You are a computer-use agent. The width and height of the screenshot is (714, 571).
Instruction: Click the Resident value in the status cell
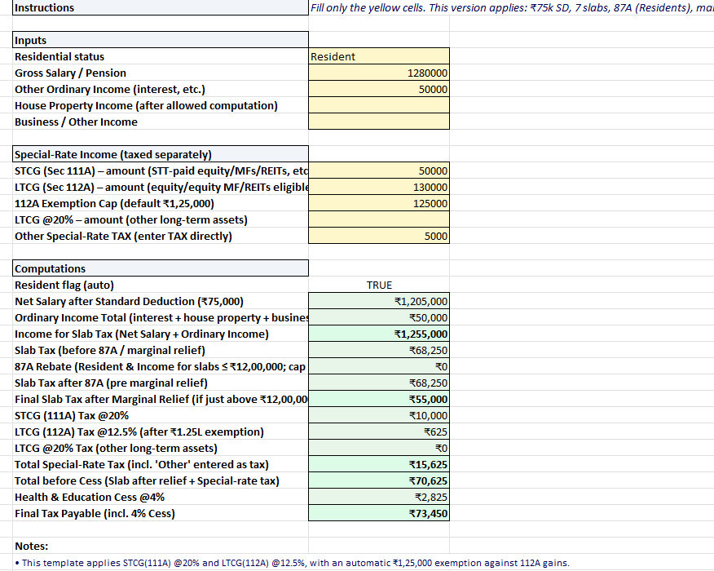(333, 57)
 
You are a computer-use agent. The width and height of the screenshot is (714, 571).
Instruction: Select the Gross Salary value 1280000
(427, 73)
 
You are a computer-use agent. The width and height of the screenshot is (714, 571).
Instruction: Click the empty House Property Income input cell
(379, 106)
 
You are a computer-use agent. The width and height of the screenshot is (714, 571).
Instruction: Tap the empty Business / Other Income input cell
(379, 122)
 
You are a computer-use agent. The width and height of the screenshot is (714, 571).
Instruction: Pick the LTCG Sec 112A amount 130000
(430, 188)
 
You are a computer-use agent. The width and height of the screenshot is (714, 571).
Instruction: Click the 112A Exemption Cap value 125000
(430, 204)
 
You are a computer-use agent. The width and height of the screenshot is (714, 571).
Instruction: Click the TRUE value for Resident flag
(379, 285)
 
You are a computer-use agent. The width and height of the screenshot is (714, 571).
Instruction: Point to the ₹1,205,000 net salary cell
(421, 302)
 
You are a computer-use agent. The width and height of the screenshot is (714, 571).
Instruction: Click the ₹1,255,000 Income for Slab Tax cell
(421, 334)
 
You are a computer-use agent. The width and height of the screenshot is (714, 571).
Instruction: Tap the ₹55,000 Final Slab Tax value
(428, 400)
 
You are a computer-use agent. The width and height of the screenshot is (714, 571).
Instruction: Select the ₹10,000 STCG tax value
(428, 416)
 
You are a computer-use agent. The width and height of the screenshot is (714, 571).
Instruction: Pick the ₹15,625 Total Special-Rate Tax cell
(428, 465)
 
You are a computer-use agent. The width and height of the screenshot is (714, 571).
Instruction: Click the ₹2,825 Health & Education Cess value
(431, 498)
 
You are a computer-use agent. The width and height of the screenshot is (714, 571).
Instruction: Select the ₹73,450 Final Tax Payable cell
(428, 514)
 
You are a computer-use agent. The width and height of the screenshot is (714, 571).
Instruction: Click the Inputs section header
(31, 41)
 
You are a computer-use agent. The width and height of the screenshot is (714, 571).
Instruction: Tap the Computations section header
(51, 269)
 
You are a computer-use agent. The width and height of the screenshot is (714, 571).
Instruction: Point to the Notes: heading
(32, 547)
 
